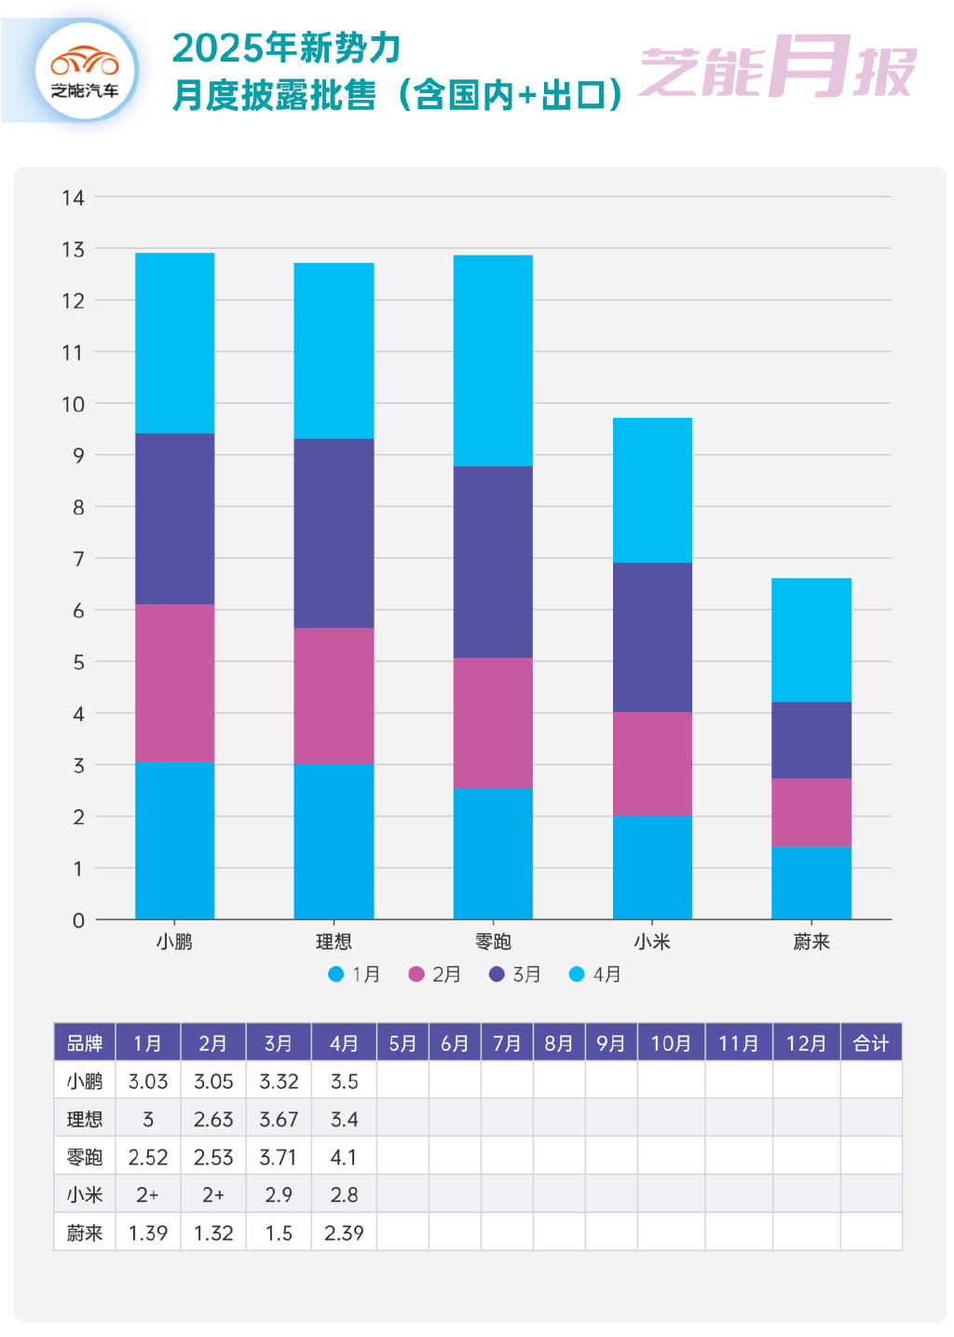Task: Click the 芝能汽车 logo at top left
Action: click(85, 71)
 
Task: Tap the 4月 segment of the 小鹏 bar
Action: click(175, 343)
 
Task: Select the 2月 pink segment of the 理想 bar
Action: click(334, 696)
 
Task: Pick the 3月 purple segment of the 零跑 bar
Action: click(493, 561)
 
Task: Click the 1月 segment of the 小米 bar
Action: click(652, 867)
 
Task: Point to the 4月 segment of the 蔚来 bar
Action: click(811, 640)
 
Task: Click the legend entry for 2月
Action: click(435, 974)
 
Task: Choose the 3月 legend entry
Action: click(515, 974)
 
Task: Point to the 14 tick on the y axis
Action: click(73, 198)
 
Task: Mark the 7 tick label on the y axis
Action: click(78, 559)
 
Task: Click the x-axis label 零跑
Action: click(493, 942)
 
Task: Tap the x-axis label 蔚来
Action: click(811, 942)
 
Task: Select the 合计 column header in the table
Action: click(871, 1043)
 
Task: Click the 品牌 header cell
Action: click(85, 1043)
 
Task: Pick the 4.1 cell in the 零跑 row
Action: click(344, 1157)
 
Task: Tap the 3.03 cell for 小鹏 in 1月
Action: click(148, 1082)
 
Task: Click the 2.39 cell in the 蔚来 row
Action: click(344, 1233)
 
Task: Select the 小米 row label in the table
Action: click(85, 1195)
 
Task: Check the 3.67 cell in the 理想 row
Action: click(279, 1119)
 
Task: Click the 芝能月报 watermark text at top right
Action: click(778, 69)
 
